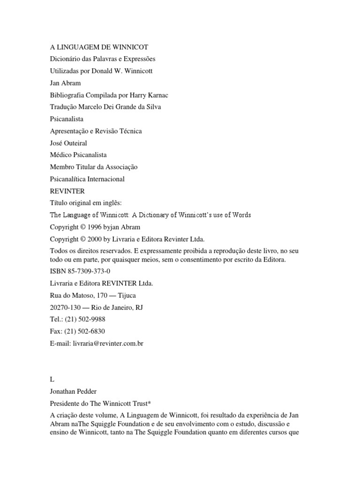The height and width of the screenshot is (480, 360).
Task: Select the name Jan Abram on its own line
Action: [x=65, y=83]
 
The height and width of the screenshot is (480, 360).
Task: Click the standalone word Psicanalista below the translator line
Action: [x=67, y=119]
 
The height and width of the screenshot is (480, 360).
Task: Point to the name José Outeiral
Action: [x=68, y=143]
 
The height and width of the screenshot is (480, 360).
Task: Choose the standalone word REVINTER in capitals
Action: [x=67, y=191]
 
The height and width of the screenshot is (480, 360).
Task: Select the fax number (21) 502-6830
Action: [x=88, y=331]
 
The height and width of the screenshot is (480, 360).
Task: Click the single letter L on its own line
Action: [x=52, y=380]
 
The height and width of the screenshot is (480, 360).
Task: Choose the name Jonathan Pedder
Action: [x=74, y=392]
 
